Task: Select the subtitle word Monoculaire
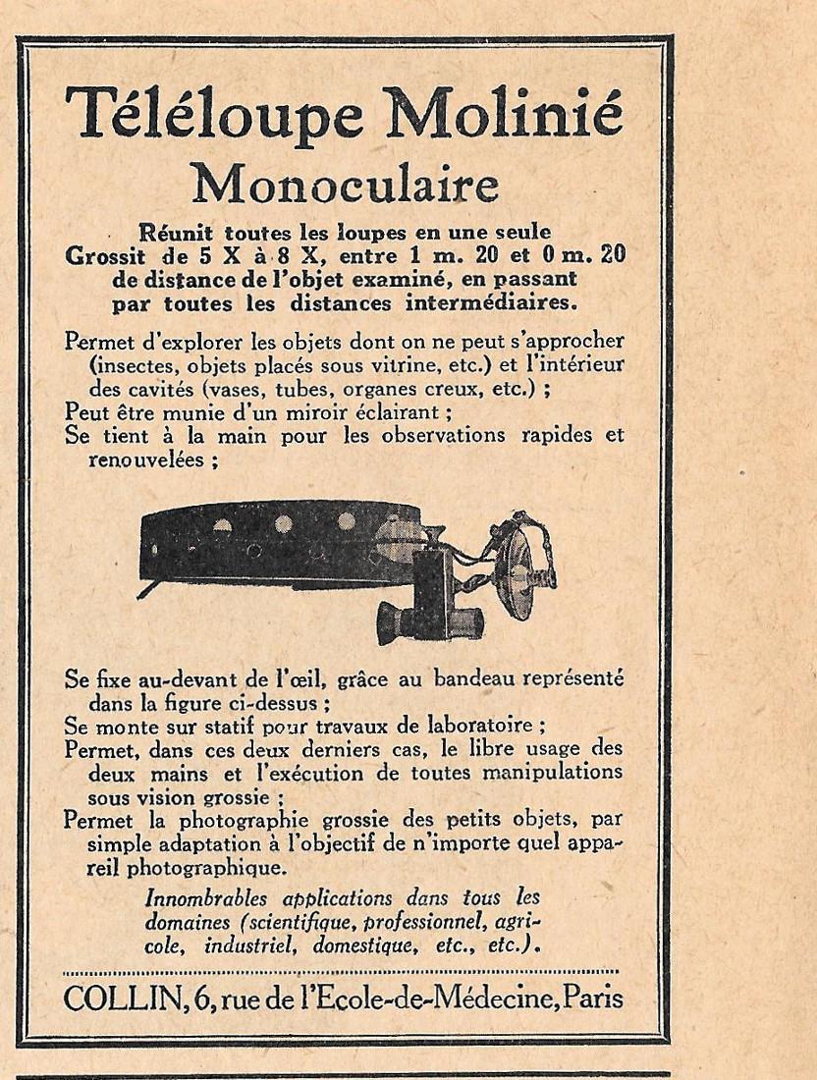[x=345, y=183]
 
